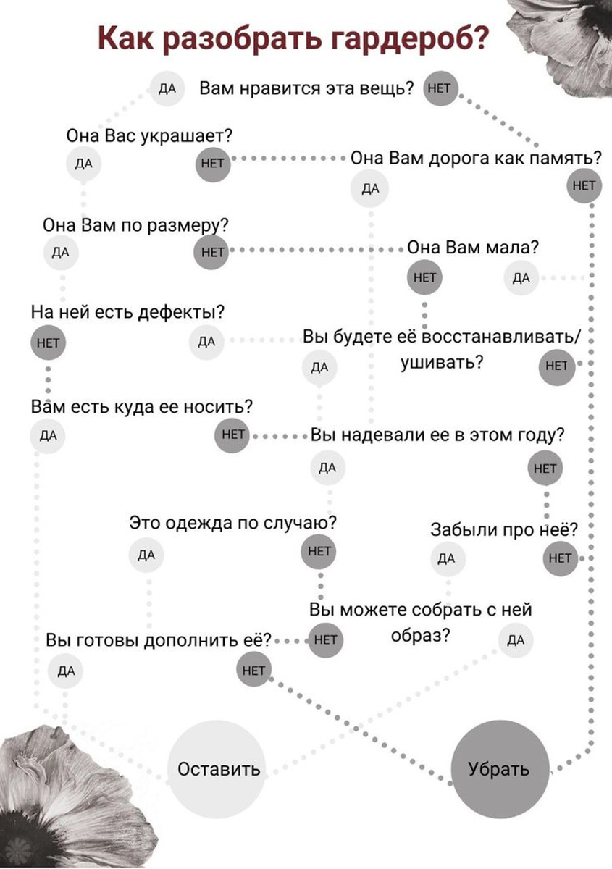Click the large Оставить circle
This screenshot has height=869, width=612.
[x=219, y=768]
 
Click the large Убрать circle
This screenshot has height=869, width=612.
[x=498, y=768]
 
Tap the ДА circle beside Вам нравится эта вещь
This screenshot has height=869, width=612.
[x=167, y=89]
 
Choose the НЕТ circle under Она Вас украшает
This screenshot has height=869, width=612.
[x=213, y=163]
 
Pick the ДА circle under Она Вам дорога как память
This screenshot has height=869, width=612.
[x=370, y=189]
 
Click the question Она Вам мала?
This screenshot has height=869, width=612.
[x=473, y=247]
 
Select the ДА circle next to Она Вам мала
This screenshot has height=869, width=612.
[x=521, y=277]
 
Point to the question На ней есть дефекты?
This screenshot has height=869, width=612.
[x=127, y=312]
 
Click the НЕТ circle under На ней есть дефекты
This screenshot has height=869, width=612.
[x=48, y=343]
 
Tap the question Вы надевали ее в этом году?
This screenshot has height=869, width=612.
[x=438, y=436]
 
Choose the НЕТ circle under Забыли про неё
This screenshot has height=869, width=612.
[x=561, y=558]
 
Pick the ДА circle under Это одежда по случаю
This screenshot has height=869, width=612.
[x=146, y=555]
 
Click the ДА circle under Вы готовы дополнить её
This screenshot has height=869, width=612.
[x=66, y=671]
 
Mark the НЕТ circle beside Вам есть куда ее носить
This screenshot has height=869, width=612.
[x=233, y=435]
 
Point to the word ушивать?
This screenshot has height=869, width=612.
[x=443, y=362]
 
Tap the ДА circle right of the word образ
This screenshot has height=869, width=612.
[x=516, y=639]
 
